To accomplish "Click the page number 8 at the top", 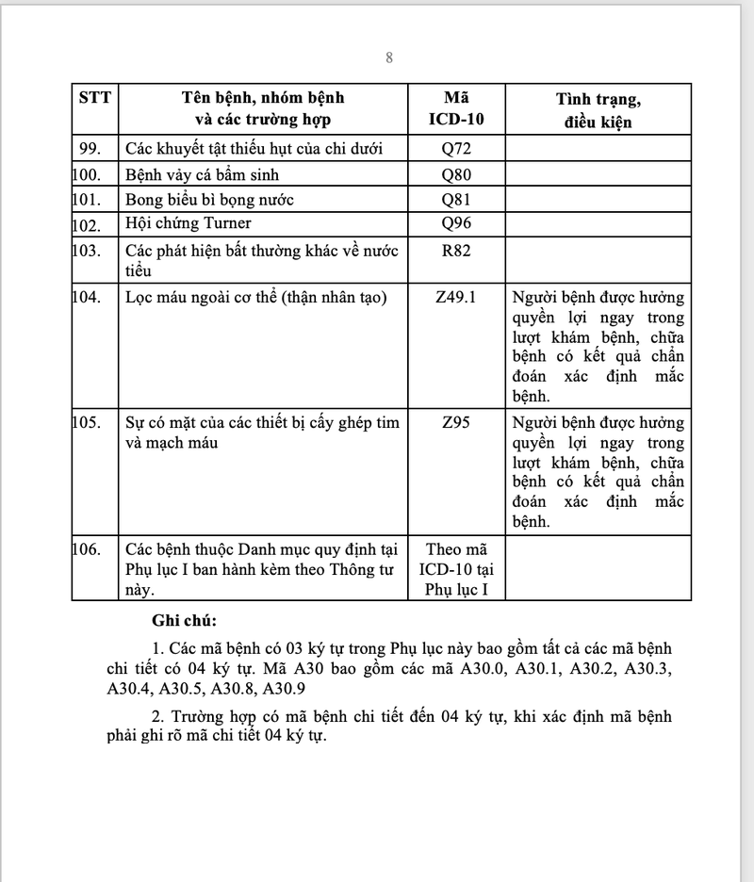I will point(388,58).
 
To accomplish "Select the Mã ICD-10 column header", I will point(458,109).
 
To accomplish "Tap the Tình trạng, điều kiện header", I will point(598,109).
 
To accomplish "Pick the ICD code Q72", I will point(458,149).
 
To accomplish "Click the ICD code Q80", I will point(458,174).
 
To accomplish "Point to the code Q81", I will point(458,199).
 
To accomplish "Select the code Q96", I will point(458,223).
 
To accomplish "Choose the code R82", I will point(458,251).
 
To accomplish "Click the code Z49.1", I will point(458,297).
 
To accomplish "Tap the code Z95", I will point(458,422).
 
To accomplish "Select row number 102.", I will point(87,224).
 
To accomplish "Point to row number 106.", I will point(87,548).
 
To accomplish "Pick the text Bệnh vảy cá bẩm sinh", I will point(202,174).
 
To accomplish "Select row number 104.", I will point(87,297).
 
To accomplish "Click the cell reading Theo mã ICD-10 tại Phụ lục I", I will point(458,569).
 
